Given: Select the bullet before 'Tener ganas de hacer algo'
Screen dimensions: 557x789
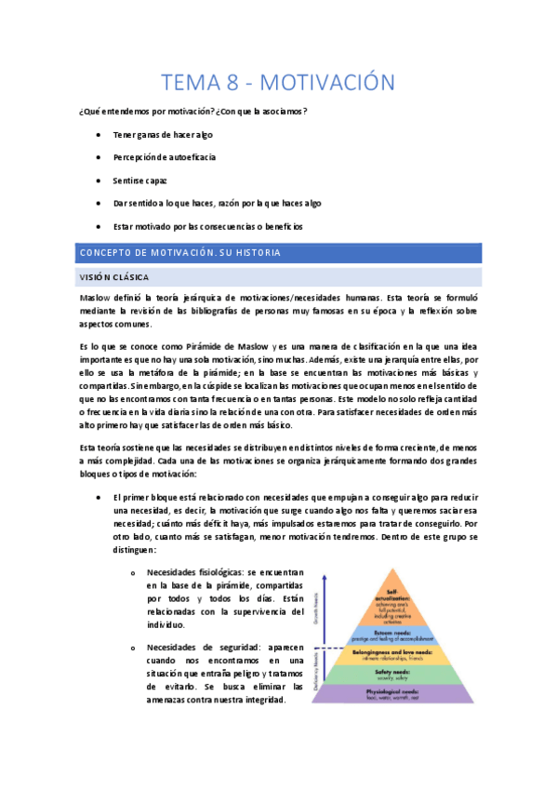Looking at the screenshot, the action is click(99, 135).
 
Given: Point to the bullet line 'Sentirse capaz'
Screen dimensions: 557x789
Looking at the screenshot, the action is click(140, 181).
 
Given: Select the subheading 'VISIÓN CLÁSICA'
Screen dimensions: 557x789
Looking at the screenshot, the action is click(115, 276).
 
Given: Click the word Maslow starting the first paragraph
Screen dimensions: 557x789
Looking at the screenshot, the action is click(96, 297).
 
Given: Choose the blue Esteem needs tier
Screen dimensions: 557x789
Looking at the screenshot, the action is click(398, 636).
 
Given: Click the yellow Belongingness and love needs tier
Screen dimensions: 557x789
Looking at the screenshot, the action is click(398, 654).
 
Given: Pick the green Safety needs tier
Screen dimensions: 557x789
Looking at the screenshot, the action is click(398, 672).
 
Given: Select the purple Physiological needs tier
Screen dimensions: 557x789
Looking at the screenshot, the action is click(398, 692).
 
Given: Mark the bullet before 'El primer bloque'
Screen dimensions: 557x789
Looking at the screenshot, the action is click(99, 498).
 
